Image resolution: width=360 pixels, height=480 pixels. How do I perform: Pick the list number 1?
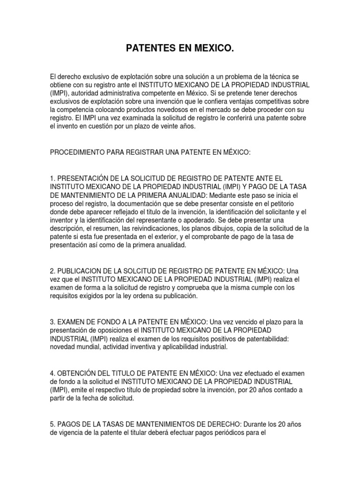coord(52,178)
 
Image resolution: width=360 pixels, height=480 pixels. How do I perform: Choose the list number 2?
coord(52,271)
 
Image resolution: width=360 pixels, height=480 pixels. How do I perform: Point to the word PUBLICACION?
coord(81,271)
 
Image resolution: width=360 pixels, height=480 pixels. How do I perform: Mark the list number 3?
coord(52,322)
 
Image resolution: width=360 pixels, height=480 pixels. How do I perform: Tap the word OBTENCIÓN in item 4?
coord(81,373)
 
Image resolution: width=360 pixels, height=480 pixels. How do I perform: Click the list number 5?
coord(52,424)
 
